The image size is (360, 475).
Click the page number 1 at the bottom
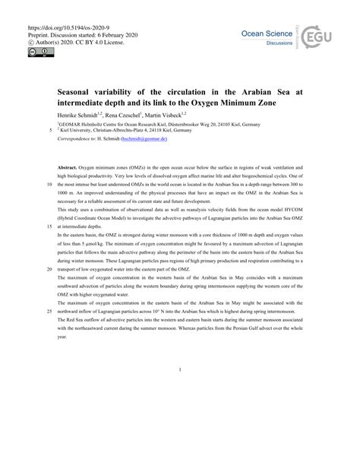pyautogui.click(x=180, y=370)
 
